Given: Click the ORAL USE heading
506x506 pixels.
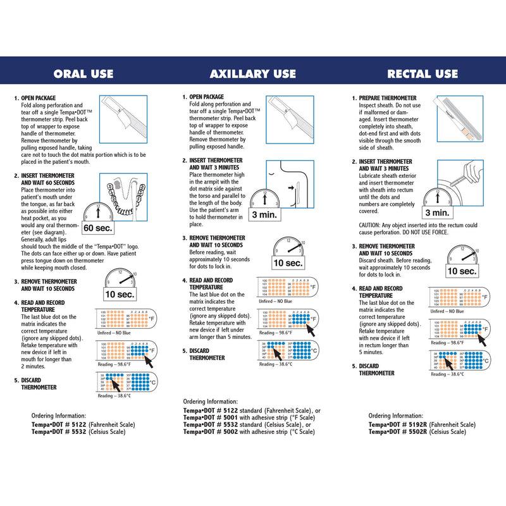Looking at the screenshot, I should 83,74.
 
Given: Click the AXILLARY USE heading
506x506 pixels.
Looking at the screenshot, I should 253,74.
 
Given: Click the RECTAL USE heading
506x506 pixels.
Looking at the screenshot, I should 423,74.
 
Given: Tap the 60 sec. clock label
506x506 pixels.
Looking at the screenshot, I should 97,228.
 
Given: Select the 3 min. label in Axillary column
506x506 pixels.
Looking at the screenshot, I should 264,214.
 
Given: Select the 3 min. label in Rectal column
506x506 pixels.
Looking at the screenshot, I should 437,213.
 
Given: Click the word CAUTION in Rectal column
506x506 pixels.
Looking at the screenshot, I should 370,225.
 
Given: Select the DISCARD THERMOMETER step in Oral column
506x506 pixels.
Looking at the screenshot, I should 39,384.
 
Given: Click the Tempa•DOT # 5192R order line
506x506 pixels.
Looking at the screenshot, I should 422,424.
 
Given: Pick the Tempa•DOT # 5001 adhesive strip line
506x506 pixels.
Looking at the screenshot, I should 248,417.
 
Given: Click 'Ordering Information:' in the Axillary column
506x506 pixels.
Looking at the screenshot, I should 211,402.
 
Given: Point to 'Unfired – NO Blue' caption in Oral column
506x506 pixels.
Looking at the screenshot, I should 114,332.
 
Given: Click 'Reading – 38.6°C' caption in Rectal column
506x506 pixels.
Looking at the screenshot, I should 448,374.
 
